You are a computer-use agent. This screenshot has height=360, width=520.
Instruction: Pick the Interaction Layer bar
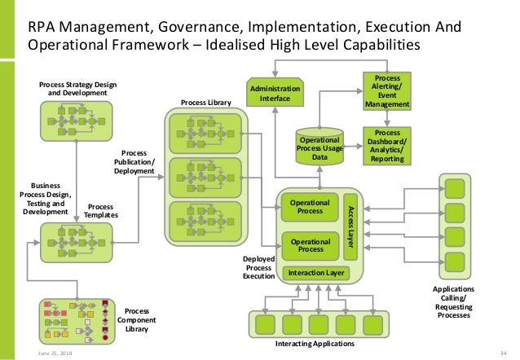tap(314, 272)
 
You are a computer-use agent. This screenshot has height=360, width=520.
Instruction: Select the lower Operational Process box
tap(310, 245)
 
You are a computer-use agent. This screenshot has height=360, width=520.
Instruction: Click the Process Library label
tap(205, 103)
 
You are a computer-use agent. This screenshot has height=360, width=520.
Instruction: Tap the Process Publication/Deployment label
tap(134, 161)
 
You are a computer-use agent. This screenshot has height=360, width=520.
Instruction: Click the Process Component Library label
tap(137, 320)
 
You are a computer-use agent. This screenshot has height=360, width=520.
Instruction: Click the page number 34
tap(505, 353)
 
